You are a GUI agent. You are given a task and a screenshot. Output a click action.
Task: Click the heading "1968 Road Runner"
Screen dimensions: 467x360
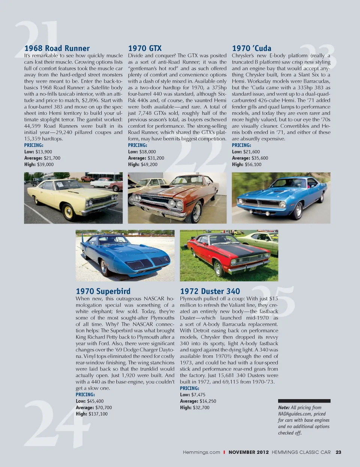point(57,48)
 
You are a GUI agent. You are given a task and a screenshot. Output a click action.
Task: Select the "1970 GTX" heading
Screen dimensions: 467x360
point(145,48)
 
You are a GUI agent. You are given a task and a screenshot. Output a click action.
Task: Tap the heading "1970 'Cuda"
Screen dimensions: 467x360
point(252,48)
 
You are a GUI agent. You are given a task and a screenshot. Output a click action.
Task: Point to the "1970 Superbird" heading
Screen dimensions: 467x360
point(103,291)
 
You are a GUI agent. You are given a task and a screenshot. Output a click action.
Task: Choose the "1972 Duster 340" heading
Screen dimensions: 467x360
point(210,291)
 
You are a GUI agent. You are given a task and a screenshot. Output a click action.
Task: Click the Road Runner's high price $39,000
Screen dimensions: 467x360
point(45,164)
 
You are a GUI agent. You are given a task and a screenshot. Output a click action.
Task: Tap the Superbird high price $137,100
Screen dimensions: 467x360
point(98,414)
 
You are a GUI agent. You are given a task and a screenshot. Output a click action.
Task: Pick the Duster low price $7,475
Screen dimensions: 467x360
point(198,395)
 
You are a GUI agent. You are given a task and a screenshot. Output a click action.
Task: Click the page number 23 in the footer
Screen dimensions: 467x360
point(338,452)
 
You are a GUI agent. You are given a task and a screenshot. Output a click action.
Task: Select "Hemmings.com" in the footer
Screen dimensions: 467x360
point(201,452)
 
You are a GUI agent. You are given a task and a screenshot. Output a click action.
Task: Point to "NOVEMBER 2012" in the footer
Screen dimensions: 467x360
point(249,452)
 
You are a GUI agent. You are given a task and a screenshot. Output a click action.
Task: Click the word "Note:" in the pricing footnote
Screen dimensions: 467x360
point(284,407)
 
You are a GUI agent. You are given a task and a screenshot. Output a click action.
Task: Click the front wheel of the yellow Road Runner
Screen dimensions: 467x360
point(69,212)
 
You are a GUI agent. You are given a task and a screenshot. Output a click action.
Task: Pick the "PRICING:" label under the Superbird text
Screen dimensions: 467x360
point(85,395)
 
